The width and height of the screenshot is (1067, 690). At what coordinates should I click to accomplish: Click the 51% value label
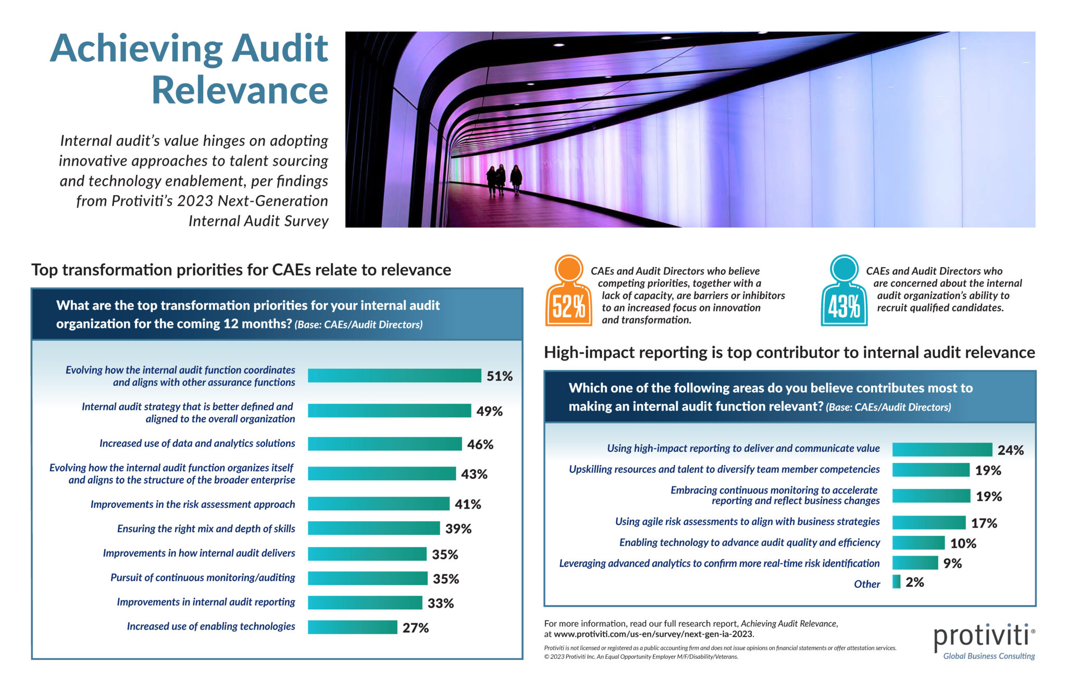tap(499, 376)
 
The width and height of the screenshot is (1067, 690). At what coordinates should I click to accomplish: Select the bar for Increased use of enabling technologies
tap(352, 627)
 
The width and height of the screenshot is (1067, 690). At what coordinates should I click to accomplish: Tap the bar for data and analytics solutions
tap(384, 444)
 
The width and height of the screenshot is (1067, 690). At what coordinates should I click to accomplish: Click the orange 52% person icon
tap(568, 292)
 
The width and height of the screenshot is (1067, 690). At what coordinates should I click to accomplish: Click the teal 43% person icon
tap(844, 292)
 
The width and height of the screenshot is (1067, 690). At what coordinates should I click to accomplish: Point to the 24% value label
tap(1010, 450)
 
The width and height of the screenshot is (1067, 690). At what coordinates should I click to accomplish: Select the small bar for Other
tap(896, 582)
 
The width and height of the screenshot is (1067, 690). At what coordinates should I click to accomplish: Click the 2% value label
tap(914, 582)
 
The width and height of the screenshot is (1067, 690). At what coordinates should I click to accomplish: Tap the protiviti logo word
tap(981, 636)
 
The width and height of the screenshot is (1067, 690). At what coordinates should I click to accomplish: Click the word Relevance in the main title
tap(240, 91)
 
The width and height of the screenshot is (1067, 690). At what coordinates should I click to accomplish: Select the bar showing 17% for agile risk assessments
tap(928, 522)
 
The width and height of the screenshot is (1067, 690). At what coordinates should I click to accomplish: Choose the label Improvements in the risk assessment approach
tap(192, 504)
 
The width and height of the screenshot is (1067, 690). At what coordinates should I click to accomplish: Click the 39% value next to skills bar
tap(458, 529)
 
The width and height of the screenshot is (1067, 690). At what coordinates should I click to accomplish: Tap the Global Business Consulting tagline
tap(988, 656)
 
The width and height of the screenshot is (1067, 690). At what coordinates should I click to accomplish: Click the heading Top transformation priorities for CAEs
tap(241, 270)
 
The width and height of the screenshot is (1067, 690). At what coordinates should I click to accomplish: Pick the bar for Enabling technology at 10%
tap(918, 543)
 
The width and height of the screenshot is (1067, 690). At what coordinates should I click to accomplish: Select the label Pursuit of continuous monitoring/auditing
tap(202, 578)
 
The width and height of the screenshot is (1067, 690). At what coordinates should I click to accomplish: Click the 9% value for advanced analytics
tap(952, 563)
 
